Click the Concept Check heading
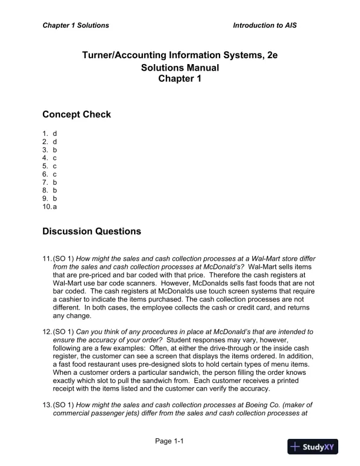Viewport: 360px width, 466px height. point(76,114)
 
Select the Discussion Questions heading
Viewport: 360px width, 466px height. point(92,231)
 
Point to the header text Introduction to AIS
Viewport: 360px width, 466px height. point(269,26)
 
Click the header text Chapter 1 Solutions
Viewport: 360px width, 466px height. point(75,26)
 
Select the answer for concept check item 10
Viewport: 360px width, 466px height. point(55,207)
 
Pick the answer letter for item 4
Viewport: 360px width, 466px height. point(55,158)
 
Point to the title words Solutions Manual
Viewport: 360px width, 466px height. point(180,68)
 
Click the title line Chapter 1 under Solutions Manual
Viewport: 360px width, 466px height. point(180,79)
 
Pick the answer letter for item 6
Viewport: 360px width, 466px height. point(55,174)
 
